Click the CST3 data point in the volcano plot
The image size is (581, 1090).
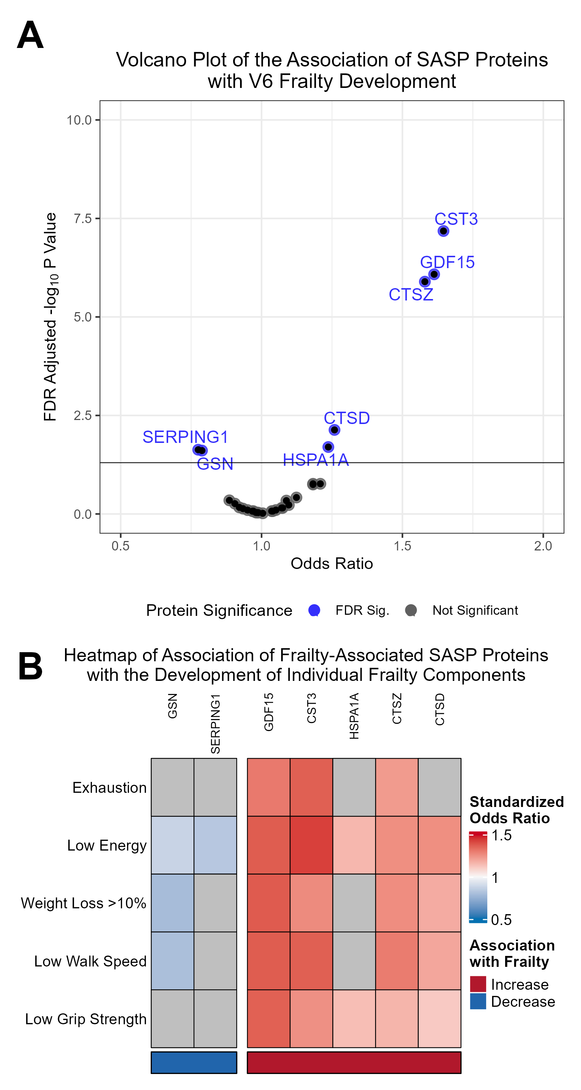pyautogui.click(x=443, y=231)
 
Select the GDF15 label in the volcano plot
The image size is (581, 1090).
pyautogui.click(x=447, y=262)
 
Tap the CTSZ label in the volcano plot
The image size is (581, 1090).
pyautogui.click(x=411, y=295)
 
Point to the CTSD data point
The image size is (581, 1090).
pyautogui.click(x=334, y=430)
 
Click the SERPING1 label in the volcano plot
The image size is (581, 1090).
pyautogui.click(x=185, y=437)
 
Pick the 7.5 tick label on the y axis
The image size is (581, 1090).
pyautogui.click(x=82, y=219)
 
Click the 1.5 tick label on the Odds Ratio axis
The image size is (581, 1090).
pyautogui.click(x=402, y=546)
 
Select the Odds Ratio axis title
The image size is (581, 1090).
pyautogui.click(x=332, y=564)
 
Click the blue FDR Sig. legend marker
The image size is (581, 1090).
pyautogui.click(x=314, y=610)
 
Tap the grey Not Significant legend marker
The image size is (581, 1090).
pyautogui.click(x=411, y=610)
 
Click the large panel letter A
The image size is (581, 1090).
pyautogui.click(x=30, y=35)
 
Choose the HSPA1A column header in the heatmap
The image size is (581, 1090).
pyautogui.click(x=354, y=716)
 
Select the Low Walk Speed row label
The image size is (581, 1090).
pyautogui.click(x=90, y=961)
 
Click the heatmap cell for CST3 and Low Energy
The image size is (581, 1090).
pyautogui.click(x=311, y=845)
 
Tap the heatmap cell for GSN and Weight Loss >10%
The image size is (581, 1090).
pyautogui.click(x=172, y=903)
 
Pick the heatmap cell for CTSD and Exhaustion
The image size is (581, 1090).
pyautogui.click(x=439, y=787)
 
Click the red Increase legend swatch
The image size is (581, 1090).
pyautogui.click(x=478, y=984)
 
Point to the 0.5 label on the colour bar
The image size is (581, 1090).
pyautogui.click(x=501, y=920)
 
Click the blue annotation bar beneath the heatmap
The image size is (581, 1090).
pyautogui.click(x=194, y=1062)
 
